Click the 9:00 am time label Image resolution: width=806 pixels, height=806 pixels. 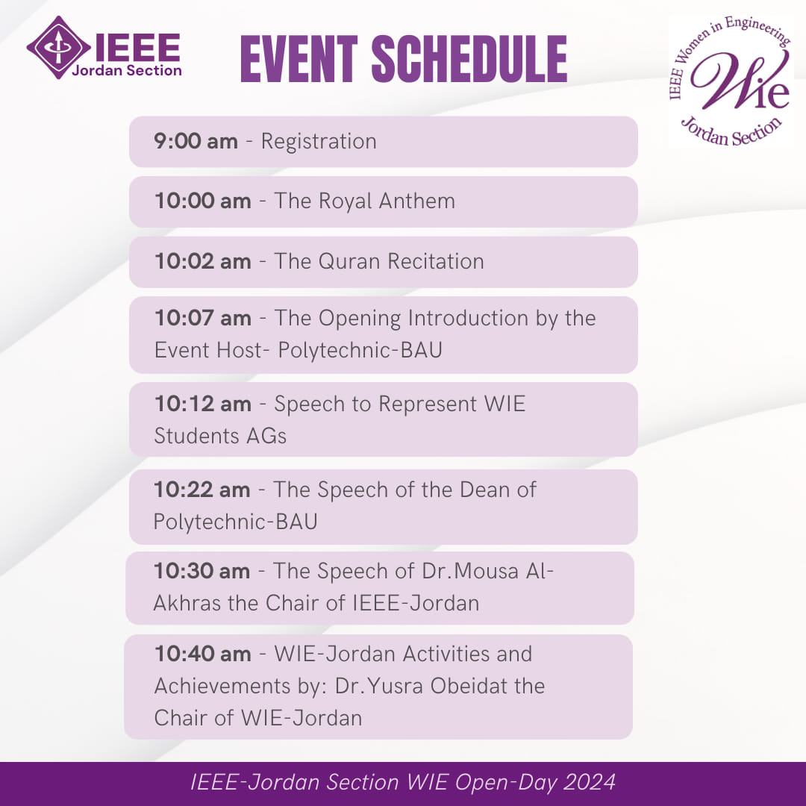[x=196, y=141]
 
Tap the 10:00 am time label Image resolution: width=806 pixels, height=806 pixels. [x=202, y=201]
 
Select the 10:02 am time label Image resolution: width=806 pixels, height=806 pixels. [x=202, y=261]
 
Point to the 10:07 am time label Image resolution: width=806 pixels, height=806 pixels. [x=202, y=318]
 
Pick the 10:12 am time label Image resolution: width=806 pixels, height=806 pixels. [x=202, y=404]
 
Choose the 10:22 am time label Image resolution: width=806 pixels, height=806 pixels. [x=202, y=490]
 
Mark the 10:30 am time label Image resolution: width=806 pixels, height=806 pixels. [x=202, y=571]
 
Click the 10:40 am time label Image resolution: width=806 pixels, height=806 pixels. [x=202, y=654]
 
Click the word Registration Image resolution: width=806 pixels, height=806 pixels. [x=319, y=141]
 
